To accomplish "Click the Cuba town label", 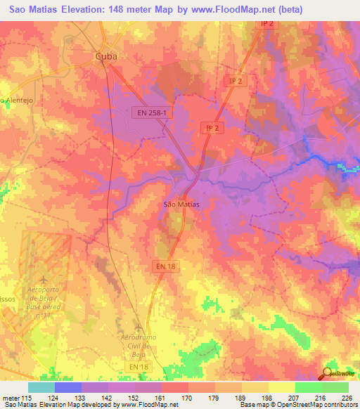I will pos(106,56).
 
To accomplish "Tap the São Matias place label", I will pos(181,204).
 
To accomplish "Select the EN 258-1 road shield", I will pos(152,112).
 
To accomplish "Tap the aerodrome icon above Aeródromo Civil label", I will pos(139,329).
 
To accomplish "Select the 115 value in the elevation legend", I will pos(27,398).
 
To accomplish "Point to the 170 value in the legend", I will pos(187,398).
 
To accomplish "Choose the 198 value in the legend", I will pos(267,398).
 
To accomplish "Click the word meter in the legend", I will pos(11,398).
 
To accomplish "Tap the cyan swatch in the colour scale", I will pos(41,387).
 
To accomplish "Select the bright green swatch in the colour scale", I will pos(308,387).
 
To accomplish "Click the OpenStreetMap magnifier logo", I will pos(327,373).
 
